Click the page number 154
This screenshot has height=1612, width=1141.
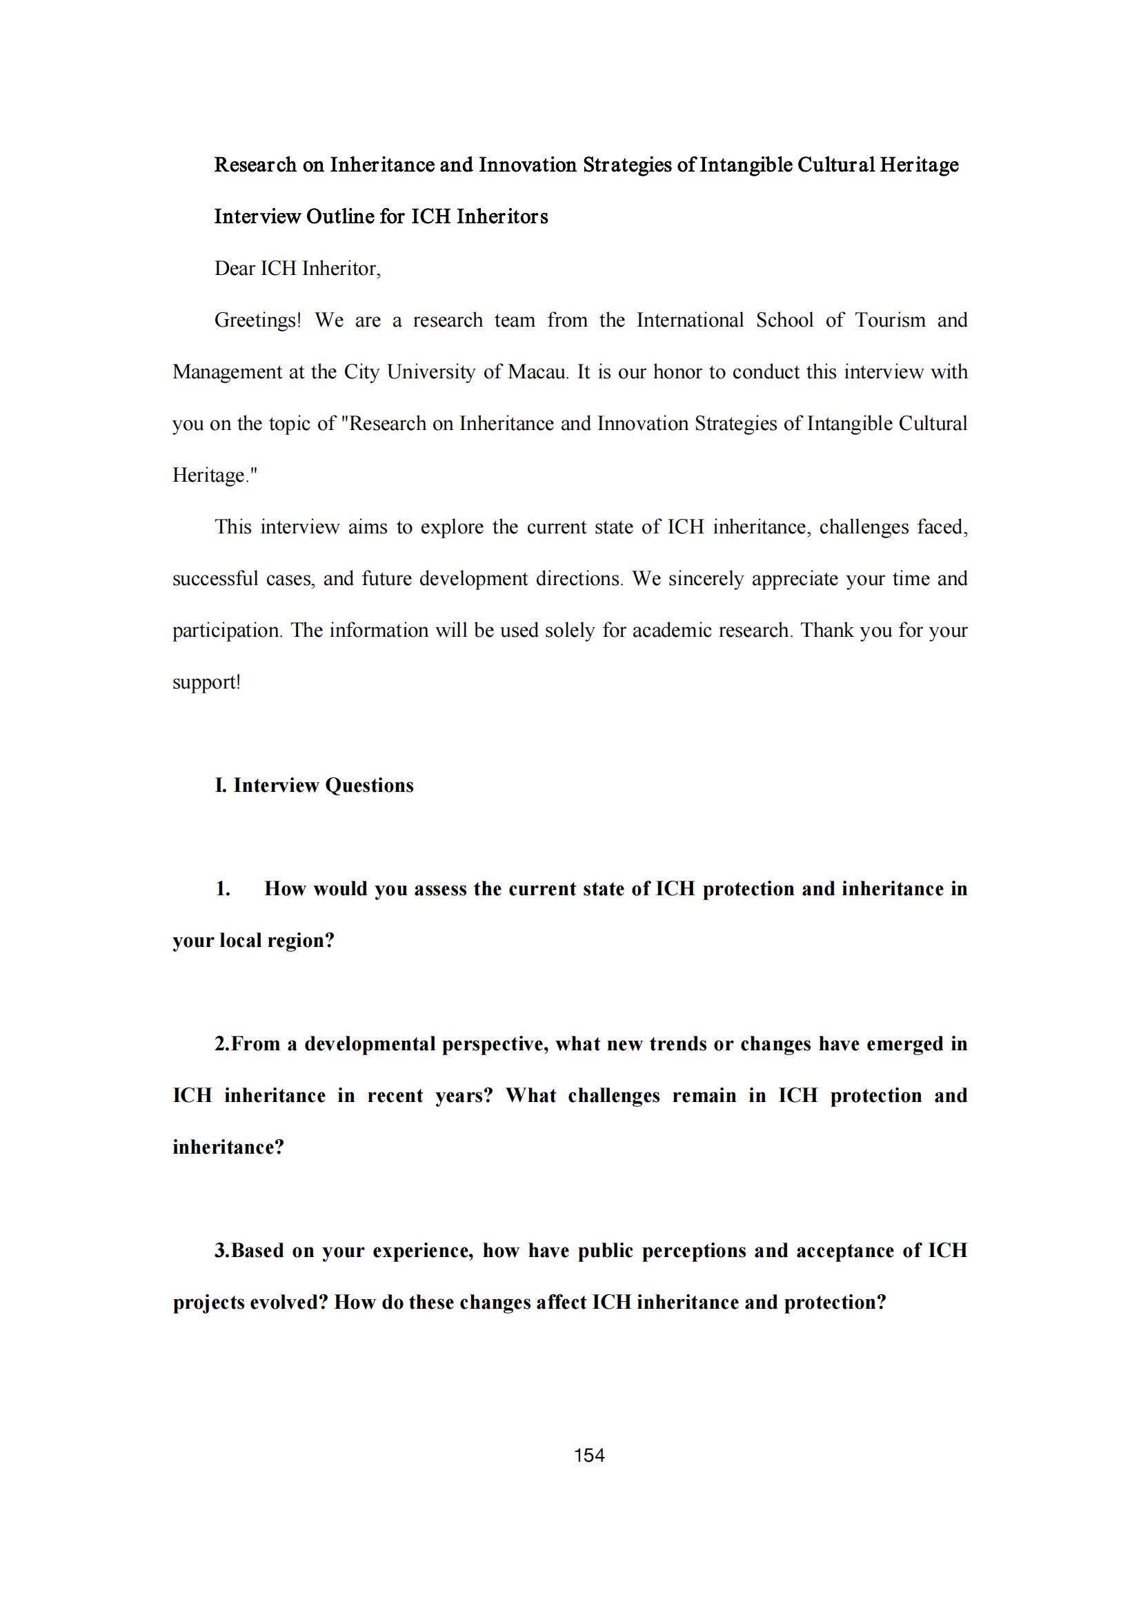click(588, 1456)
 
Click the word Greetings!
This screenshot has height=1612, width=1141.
click(257, 321)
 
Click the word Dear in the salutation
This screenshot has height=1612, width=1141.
click(235, 269)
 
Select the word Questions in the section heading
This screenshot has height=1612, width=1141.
click(369, 785)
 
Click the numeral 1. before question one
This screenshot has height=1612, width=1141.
click(223, 889)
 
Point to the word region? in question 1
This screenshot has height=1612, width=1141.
click(301, 941)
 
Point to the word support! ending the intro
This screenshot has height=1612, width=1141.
click(206, 682)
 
